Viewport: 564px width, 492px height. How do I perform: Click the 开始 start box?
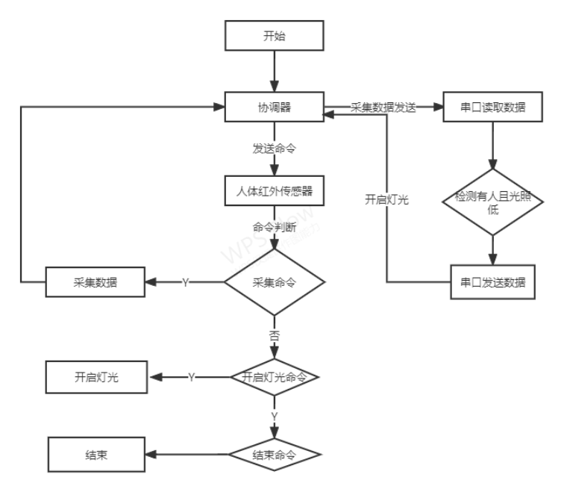click(x=275, y=36)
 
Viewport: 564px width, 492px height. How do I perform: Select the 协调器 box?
click(x=275, y=107)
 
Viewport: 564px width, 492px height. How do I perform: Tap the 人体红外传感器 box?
click(x=275, y=191)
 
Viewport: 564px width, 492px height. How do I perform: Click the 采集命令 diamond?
click(x=275, y=282)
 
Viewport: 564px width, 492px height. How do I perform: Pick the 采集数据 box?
click(x=95, y=282)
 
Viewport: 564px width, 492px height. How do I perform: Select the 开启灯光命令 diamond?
click(x=275, y=377)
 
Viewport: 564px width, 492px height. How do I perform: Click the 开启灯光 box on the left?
click(x=96, y=377)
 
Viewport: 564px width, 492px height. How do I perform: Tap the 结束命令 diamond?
click(x=275, y=455)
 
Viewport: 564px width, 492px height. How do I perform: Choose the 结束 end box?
click(x=96, y=455)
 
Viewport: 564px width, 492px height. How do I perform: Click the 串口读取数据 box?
click(x=493, y=107)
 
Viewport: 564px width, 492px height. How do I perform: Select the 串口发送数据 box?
click(x=492, y=282)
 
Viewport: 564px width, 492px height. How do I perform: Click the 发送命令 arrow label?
click(x=275, y=149)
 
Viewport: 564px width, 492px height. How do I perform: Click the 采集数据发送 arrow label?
click(x=383, y=107)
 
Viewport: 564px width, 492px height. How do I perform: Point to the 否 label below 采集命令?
click(x=275, y=337)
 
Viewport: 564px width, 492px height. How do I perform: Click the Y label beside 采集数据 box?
click(x=185, y=282)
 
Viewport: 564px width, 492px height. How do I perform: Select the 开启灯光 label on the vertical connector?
click(x=386, y=199)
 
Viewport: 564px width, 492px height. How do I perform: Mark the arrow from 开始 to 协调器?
click(x=275, y=72)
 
